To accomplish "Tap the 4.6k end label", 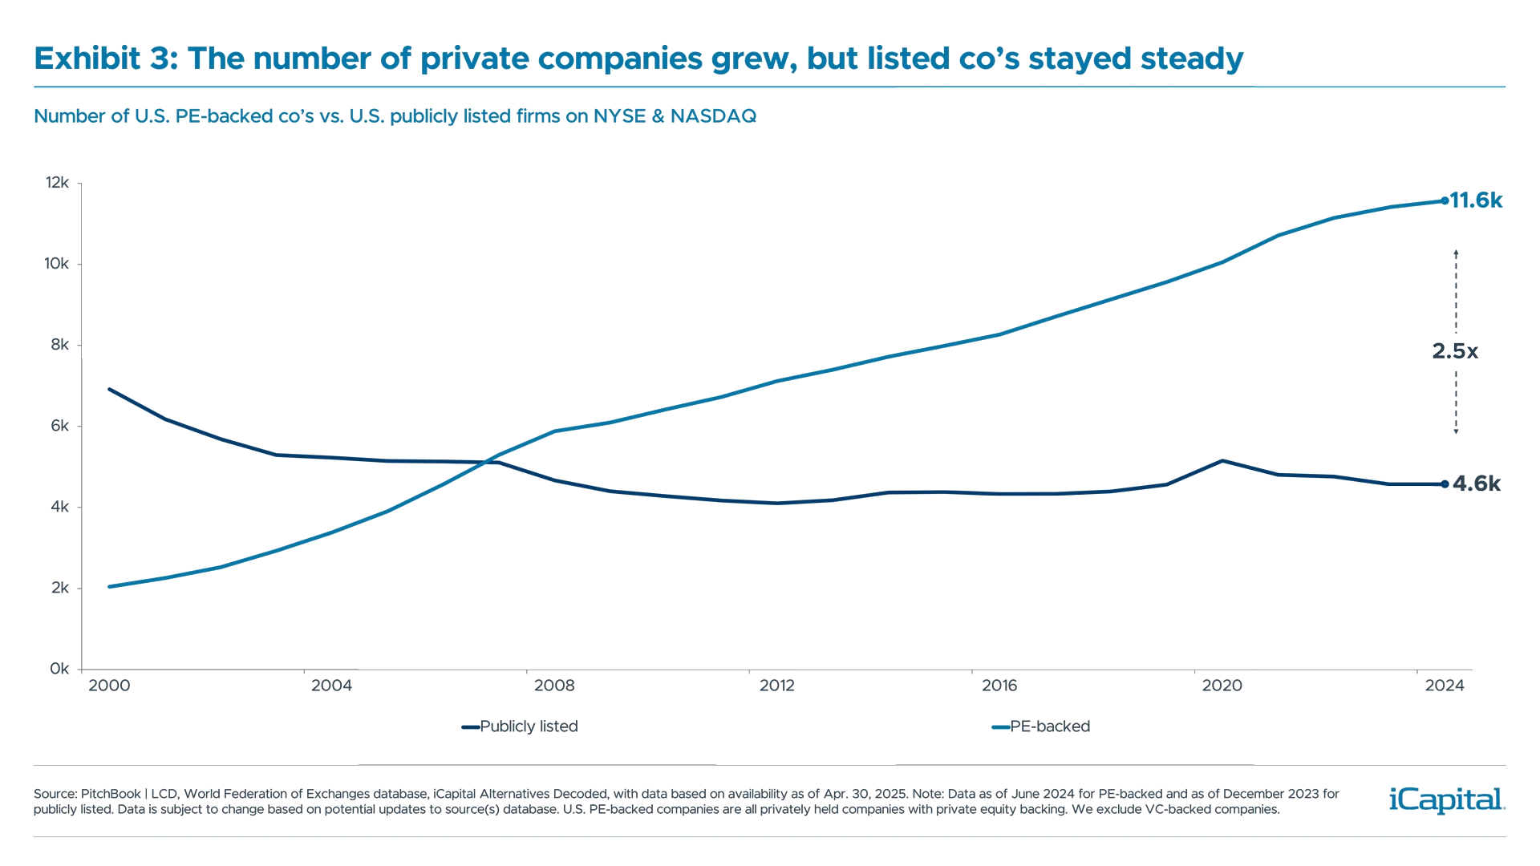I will click(x=1476, y=484).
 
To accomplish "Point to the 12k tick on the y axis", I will click(x=58, y=184).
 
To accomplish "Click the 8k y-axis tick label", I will click(x=60, y=346).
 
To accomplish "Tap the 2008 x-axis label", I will click(x=554, y=686).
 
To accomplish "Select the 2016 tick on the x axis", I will click(x=999, y=686).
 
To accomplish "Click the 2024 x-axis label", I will click(x=1444, y=686).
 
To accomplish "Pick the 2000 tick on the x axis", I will click(x=110, y=686).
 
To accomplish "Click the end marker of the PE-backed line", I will click(x=1445, y=200).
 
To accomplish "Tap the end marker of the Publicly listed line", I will click(x=1445, y=484).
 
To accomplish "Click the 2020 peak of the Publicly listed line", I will click(x=1222, y=460).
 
